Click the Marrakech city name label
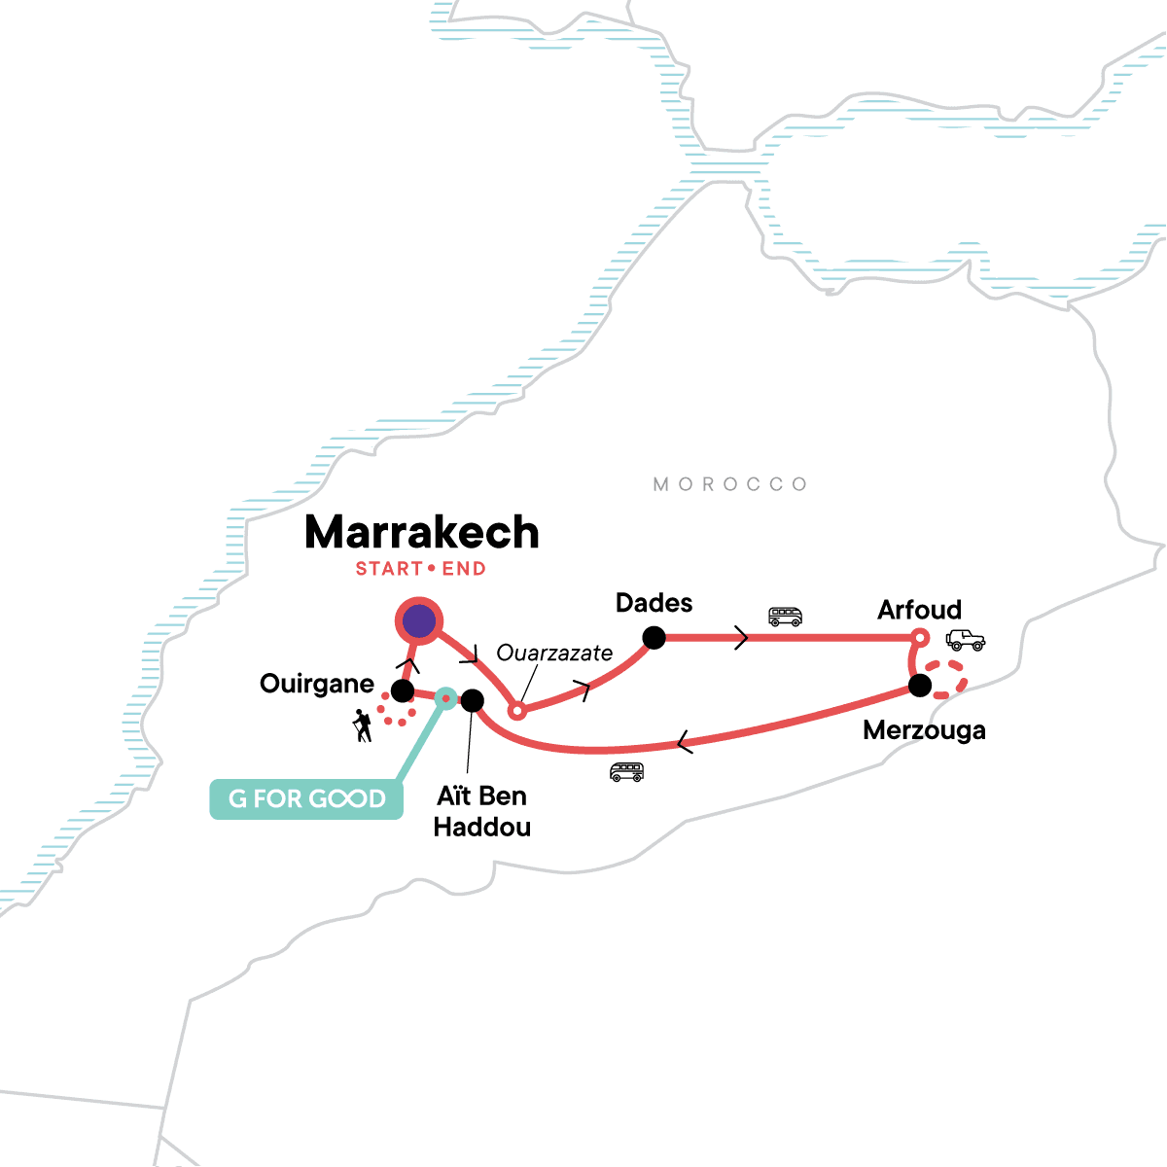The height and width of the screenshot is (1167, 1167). tap(421, 533)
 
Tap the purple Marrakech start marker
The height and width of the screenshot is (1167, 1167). tap(418, 620)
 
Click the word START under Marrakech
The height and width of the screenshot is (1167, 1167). tap(389, 569)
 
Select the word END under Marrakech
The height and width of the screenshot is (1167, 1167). tap(464, 569)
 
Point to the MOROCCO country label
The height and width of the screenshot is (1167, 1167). tap(730, 484)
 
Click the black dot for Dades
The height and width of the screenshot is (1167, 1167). tap(654, 638)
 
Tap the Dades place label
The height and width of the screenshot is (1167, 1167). tap(654, 603)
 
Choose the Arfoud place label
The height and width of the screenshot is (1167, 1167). tap(919, 610)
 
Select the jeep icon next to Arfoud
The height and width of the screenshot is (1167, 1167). tap(965, 640)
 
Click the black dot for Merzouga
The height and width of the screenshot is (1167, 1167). tap(920, 686)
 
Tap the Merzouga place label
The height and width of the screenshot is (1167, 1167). tap(924, 730)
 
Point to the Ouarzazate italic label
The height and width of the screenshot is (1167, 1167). tap(554, 653)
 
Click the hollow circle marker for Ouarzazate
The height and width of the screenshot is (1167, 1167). tap(517, 711)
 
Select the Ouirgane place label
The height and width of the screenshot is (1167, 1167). tap(317, 684)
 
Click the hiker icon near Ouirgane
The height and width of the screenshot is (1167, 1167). tap(363, 725)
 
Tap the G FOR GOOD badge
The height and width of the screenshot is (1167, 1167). tap(306, 799)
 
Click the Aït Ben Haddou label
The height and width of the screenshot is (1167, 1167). tap(482, 811)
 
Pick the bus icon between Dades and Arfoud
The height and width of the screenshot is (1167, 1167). tap(785, 617)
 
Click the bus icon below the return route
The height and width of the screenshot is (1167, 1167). tap(626, 772)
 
